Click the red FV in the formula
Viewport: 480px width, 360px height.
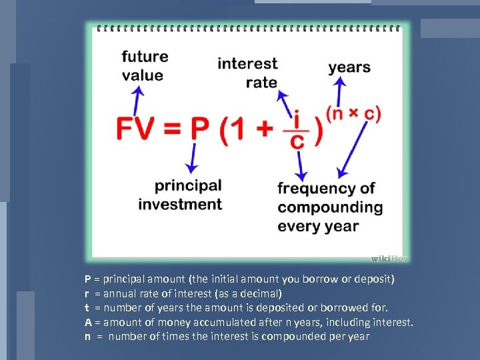click(137, 128)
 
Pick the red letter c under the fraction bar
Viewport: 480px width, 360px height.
click(299, 141)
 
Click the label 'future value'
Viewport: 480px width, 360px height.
click(144, 65)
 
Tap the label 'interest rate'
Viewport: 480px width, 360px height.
click(247, 73)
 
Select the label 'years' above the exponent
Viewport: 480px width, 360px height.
click(349, 67)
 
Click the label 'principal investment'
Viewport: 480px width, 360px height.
click(180, 194)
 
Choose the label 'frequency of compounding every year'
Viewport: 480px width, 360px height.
click(329, 207)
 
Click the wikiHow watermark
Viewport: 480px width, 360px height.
click(389, 258)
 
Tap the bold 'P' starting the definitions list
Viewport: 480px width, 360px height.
click(87, 279)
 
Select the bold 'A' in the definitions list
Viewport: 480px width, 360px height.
click(87, 322)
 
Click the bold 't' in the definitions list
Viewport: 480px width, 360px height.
click(87, 308)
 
